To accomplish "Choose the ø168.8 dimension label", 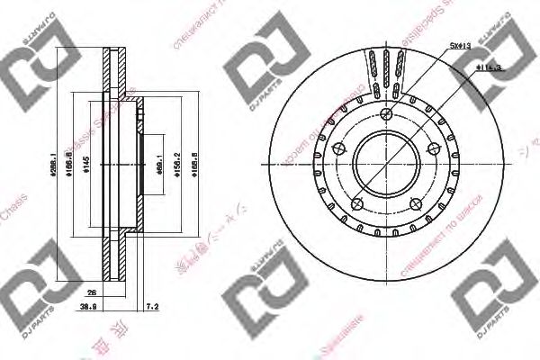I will [x=198, y=166].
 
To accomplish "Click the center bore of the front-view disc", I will [x=383, y=166].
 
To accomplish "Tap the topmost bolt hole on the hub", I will [x=385, y=113].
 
